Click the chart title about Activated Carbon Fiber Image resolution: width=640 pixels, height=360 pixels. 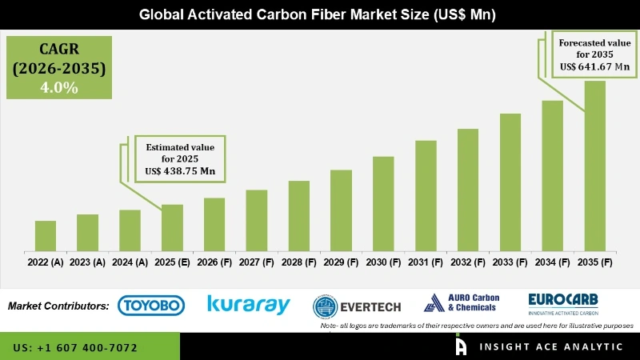click(320, 14)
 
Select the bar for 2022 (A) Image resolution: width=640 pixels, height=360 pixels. click(46, 236)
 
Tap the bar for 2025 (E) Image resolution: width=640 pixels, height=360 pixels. click(172, 228)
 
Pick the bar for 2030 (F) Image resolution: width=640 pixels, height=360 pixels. click(383, 204)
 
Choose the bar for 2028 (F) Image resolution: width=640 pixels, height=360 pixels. click(298, 216)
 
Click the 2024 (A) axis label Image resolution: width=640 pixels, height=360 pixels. click(130, 262)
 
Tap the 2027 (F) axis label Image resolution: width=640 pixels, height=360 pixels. click(256, 262)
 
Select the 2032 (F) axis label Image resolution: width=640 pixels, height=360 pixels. click(468, 262)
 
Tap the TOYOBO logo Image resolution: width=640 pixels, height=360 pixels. click(151, 305)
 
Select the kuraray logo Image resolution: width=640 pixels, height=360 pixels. click(248, 304)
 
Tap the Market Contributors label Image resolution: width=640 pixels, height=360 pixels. click(58, 306)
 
